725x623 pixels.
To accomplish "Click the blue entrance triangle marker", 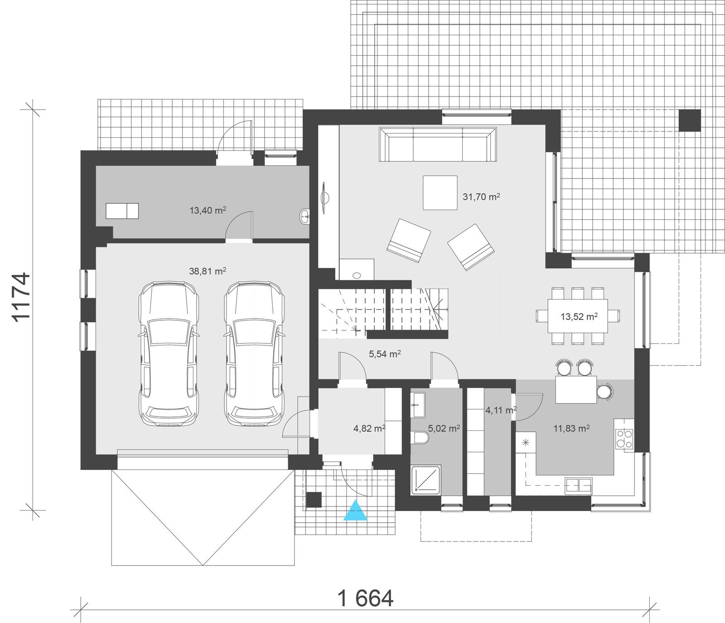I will [x=355, y=511].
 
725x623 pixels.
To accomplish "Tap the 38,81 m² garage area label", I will [x=208, y=271].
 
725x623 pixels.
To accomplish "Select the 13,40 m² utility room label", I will [x=208, y=210].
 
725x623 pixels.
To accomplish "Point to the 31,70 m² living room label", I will [x=481, y=197].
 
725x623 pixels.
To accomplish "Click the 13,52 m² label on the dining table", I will [x=579, y=316].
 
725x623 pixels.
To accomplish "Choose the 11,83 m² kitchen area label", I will [x=571, y=428].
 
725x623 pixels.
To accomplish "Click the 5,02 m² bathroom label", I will [x=444, y=428].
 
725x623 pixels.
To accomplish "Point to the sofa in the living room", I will [x=438, y=145].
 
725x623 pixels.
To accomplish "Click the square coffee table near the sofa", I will [x=440, y=193].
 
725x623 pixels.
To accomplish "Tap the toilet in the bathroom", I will [x=420, y=438].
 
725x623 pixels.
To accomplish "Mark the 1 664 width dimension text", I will [x=366, y=599].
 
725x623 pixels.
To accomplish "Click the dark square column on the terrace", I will [x=689, y=121].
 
